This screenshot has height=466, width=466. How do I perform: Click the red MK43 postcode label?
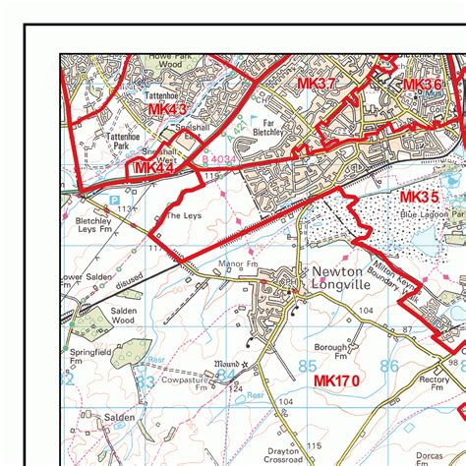click(167, 109)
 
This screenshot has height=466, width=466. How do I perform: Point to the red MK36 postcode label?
click(422, 86)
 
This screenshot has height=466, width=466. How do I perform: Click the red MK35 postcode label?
click(420, 198)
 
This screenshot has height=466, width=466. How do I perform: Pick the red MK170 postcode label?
click(336, 380)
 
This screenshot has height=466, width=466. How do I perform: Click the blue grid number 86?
click(389, 366)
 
